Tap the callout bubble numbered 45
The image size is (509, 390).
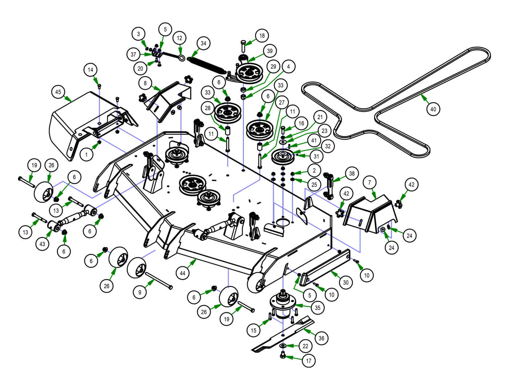58,92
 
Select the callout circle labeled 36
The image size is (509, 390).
321,338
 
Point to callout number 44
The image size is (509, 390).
183,273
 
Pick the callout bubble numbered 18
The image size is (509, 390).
261,36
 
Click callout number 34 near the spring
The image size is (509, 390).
203,43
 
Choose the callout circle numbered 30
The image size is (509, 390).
345,282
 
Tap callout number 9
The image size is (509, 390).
140,292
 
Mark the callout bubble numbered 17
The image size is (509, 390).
309,361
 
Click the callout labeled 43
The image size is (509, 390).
42,244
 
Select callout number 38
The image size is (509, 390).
352,173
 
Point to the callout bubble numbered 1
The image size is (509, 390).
87,155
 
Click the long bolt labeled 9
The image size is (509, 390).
159,281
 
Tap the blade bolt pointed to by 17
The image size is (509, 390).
282,355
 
